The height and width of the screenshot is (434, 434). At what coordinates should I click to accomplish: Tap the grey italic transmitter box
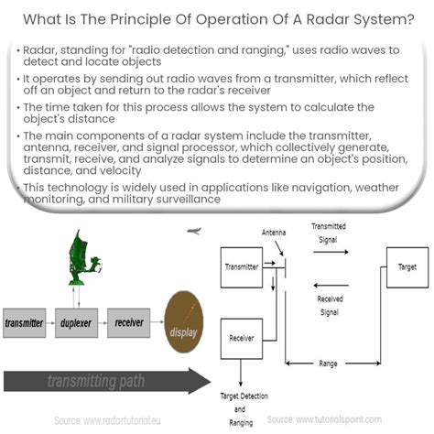[x=24, y=323]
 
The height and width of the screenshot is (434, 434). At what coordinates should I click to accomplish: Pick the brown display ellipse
[x=184, y=325]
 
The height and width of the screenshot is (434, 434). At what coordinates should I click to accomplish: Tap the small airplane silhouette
[x=193, y=232]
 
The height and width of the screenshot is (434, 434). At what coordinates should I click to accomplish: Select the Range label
[x=327, y=363]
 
